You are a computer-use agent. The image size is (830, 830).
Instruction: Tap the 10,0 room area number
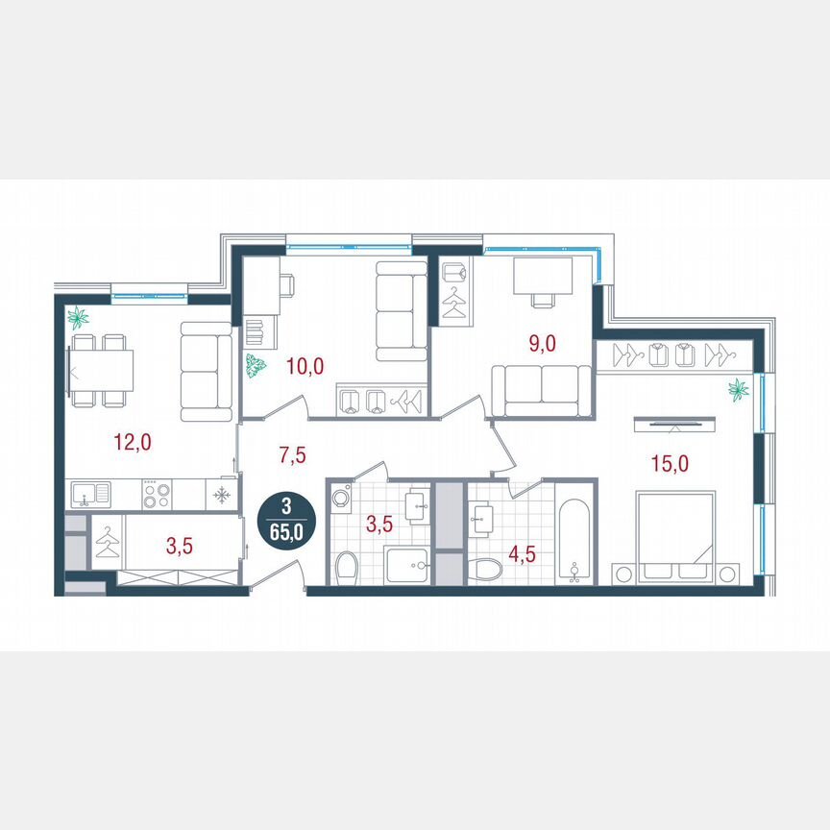(306, 365)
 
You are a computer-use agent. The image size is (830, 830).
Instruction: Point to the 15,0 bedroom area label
(669, 463)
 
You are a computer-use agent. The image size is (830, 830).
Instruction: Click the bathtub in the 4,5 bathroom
(575, 540)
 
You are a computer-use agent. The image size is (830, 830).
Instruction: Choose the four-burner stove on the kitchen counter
(157, 495)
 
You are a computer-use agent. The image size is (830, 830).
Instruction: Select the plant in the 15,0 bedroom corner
(739, 389)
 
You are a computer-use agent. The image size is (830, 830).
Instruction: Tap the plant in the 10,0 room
(256, 367)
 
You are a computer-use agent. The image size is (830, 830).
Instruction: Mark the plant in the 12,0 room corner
(77, 317)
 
